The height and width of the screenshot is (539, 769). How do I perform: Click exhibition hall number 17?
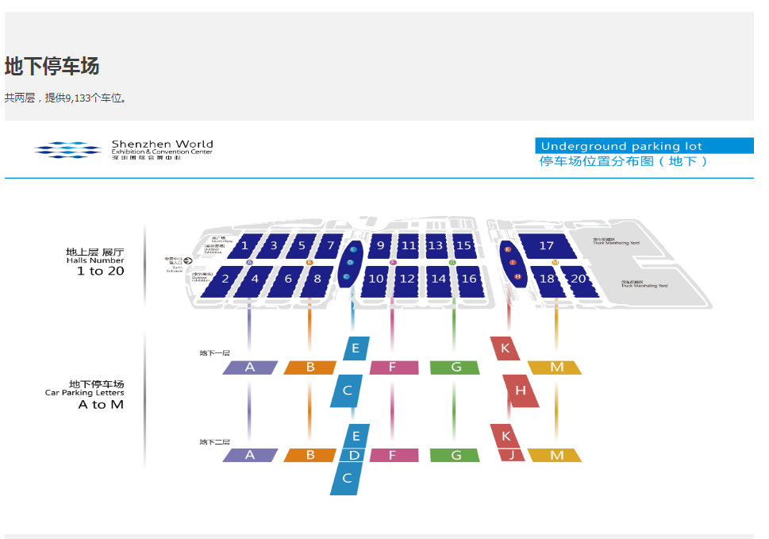click(546, 245)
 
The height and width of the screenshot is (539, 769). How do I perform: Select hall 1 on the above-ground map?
click(245, 245)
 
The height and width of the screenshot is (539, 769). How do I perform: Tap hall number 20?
click(579, 279)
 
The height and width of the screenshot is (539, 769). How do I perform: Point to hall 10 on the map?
click(375, 279)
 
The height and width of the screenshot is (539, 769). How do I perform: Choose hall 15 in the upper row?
click(463, 245)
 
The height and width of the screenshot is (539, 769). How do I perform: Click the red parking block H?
click(521, 391)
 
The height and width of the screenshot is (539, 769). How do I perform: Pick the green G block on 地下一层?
click(456, 368)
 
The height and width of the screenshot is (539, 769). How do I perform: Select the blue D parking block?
click(355, 456)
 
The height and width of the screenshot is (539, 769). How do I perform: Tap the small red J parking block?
click(512, 456)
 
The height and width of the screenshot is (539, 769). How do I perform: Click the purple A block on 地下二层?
click(250, 456)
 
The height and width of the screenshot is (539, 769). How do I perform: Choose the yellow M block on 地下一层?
click(556, 368)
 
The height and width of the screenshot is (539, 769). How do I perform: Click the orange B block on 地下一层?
click(310, 368)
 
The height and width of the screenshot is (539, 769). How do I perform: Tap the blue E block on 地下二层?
click(356, 435)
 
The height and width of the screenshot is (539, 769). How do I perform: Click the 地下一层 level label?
click(214, 352)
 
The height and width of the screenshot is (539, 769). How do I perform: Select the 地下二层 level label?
click(214, 441)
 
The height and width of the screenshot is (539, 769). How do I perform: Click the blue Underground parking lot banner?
click(644, 146)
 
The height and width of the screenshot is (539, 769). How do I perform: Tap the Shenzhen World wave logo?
click(68, 149)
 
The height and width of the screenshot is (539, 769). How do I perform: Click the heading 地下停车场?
click(52, 67)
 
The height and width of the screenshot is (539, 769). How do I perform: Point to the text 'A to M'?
click(100, 405)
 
